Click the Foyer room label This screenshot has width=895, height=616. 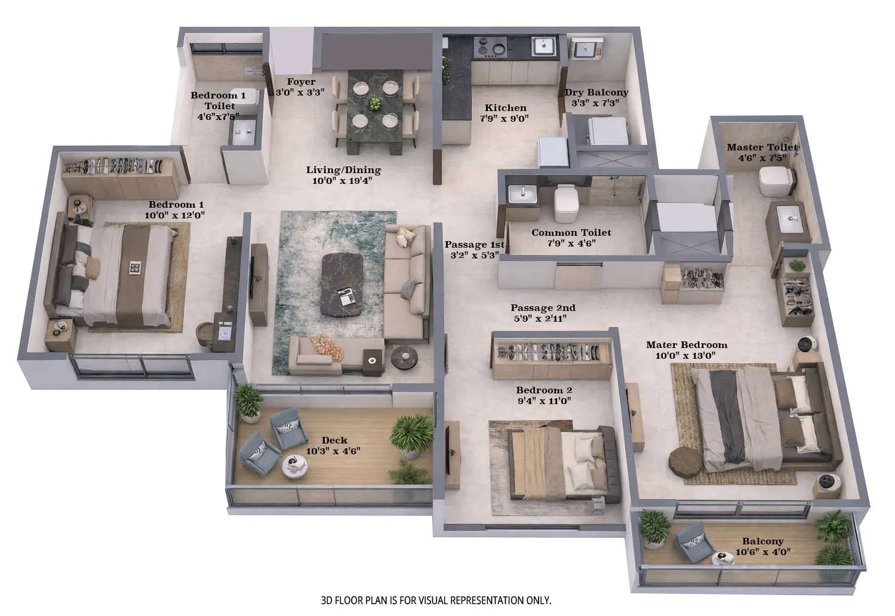tap(301, 82)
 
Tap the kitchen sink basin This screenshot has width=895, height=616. tap(544, 45)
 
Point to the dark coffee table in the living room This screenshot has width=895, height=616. tap(344, 284)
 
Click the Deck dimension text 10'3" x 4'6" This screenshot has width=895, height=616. tap(333, 451)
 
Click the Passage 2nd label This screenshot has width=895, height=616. tap(543, 308)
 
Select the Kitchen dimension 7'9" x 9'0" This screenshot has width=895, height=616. tap(505, 118)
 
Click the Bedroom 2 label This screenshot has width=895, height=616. tap(543, 390)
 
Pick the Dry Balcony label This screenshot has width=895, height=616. tap(596, 93)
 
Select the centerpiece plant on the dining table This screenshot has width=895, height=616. tap(375, 103)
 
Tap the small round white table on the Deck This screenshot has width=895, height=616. tap(293, 464)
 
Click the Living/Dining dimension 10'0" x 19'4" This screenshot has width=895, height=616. tap(343, 180)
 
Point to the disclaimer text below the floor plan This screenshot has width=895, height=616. tap(436, 600)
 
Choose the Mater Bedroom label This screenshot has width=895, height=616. tap(687, 345)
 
